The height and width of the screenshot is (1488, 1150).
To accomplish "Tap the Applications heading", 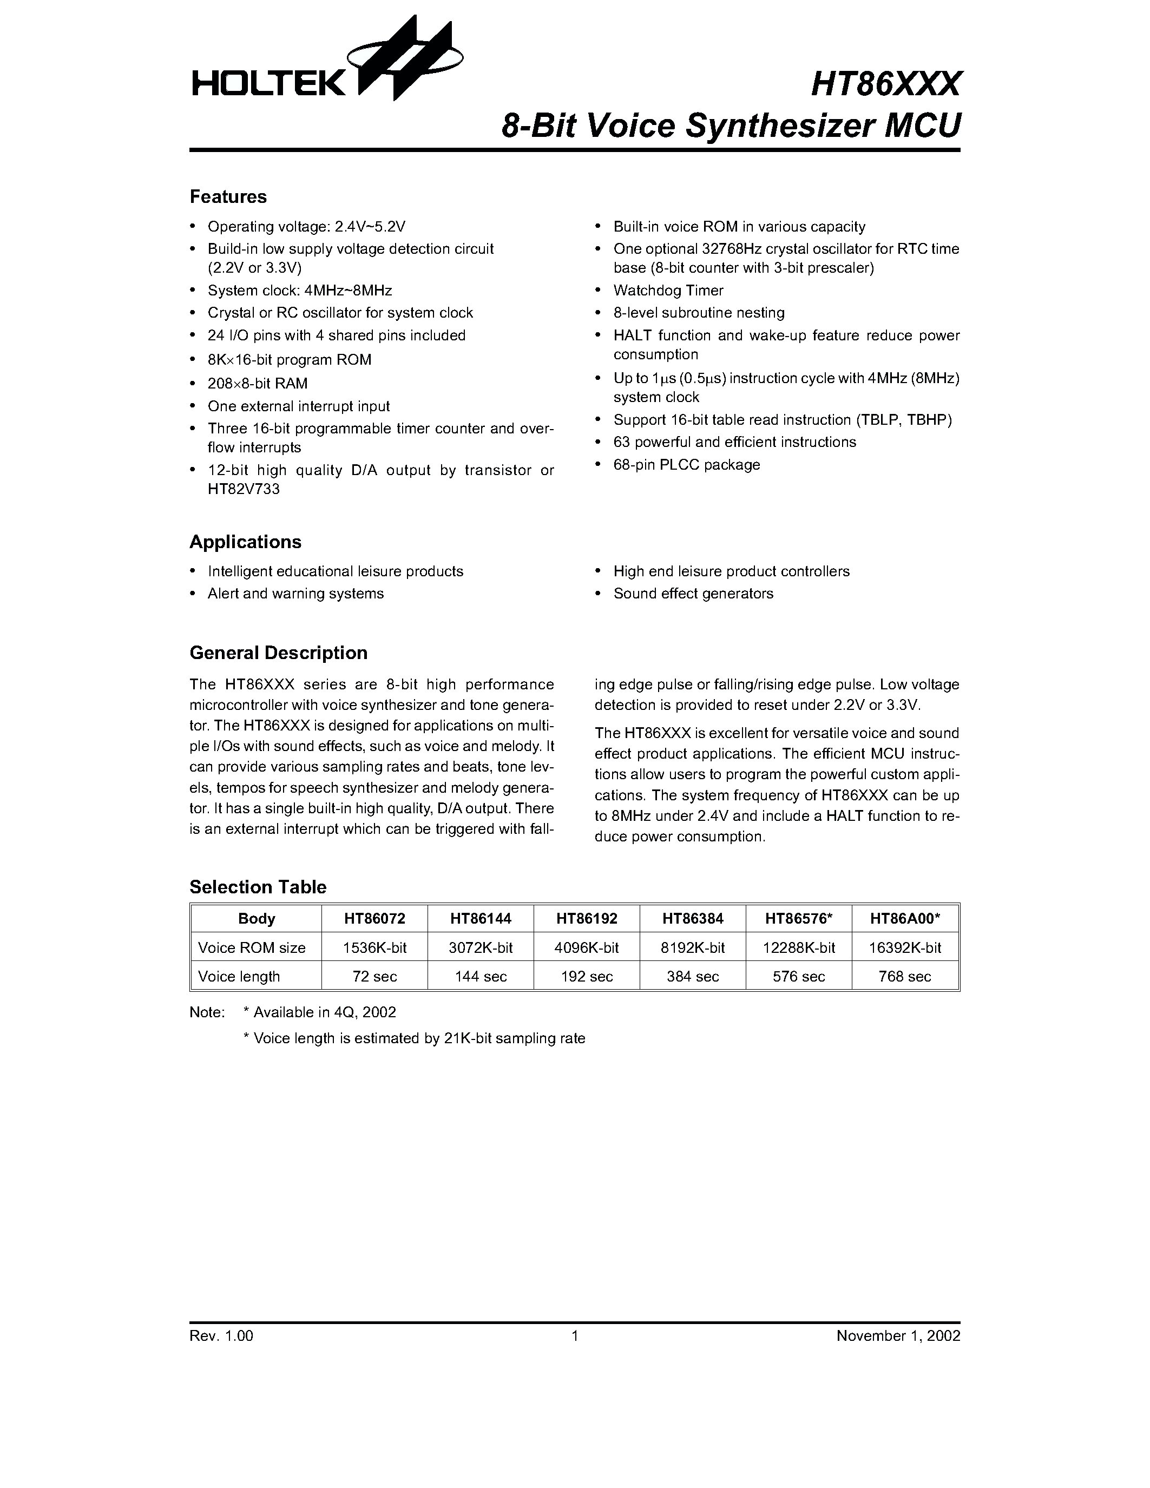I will click(x=245, y=542).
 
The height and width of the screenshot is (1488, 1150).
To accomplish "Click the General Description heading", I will click(x=278, y=653).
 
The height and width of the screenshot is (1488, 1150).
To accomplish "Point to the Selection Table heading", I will click(x=258, y=886).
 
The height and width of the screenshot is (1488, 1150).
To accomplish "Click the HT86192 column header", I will click(x=587, y=918).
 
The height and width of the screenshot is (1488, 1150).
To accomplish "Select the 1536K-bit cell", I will click(x=374, y=947).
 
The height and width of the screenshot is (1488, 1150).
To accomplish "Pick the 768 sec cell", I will click(x=905, y=976).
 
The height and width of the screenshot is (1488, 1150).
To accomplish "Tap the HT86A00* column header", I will click(x=905, y=918).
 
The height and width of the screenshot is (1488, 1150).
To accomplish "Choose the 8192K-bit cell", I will click(x=693, y=947).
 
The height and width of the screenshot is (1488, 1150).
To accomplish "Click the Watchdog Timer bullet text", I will click(x=668, y=290).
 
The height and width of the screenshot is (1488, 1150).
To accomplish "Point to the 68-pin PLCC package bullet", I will click(x=686, y=465).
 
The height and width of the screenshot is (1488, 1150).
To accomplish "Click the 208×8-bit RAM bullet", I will click(x=258, y=384).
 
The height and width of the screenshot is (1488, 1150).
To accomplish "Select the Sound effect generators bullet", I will click(x=693, y=594).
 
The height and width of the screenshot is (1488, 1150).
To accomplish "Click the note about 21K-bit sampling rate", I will click(x=413, y=1038).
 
